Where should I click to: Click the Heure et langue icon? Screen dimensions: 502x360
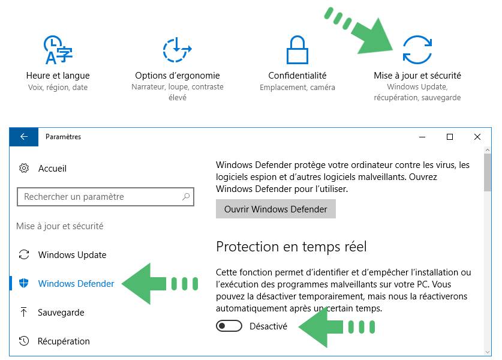[58, 50]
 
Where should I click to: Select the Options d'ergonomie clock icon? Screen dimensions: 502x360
[177, 50]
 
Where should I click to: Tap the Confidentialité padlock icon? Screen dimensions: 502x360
[297, 50]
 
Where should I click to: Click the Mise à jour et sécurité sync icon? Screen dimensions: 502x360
[417, 50]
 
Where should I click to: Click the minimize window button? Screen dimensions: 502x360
[422, 137]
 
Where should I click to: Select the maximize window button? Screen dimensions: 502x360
[450, 137]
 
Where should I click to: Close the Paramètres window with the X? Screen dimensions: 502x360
[477, 137]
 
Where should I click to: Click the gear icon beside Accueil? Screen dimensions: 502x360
[24, 168]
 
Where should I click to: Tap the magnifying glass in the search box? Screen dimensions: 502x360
[186, 197]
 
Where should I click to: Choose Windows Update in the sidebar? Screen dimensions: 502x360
[72, 255]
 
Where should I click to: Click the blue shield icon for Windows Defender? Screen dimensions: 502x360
[24, 283]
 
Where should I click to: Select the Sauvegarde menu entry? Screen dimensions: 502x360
[61, 312]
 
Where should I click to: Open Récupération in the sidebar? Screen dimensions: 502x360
[64, 341]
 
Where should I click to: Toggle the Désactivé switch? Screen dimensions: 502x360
[229, 326]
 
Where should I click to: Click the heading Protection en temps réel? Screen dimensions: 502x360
[291, 247]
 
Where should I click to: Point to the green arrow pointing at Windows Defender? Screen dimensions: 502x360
[160, 283]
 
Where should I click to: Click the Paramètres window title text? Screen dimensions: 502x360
[63, 137]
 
